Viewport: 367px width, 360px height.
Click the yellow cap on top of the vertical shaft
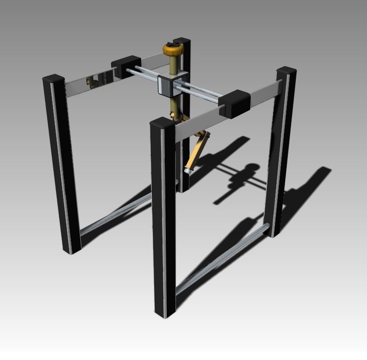tap(173, 48)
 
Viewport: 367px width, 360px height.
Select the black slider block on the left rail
tap(126, 66)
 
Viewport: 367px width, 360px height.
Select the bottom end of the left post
tap(73, 249)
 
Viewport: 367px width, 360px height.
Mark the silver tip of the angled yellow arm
tap(188, 171)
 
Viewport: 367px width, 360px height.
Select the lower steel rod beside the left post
tap(117, 215)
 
